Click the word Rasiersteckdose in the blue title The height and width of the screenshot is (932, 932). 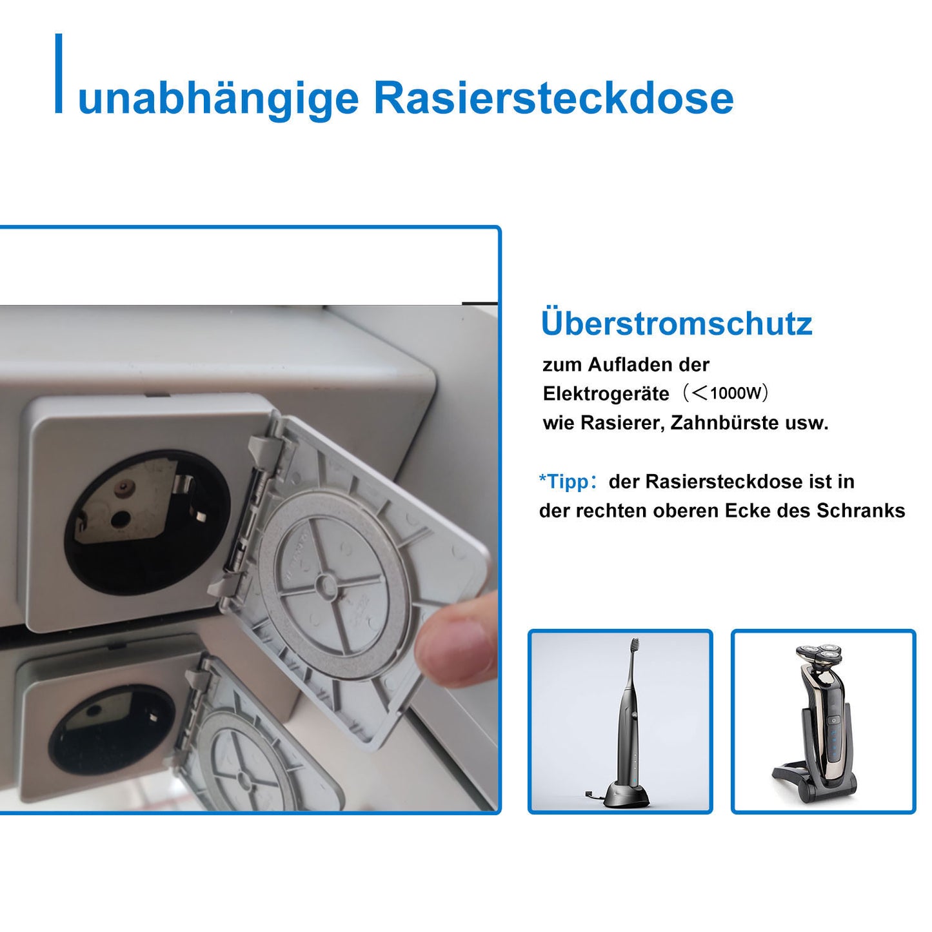click(x=553, y=98)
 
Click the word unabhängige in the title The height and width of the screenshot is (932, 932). click(x=218, y=99)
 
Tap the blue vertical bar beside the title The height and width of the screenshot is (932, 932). click(x=59, y=74)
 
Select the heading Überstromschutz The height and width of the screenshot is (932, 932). click(x=676, y=323)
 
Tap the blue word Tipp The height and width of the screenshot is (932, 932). click(x=568, y=482)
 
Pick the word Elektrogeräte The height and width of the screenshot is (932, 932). click(x=606, y=394)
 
